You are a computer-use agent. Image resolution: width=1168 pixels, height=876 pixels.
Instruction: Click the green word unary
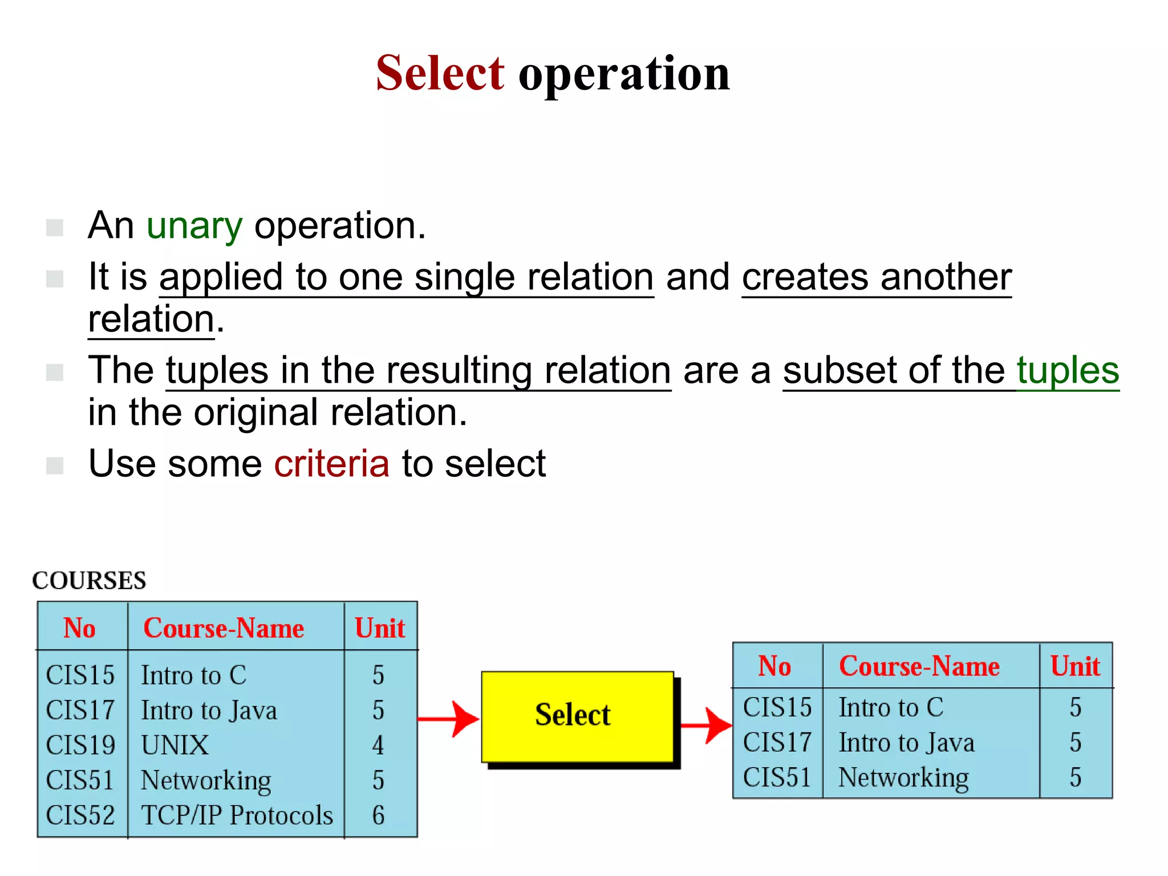coord(194,226)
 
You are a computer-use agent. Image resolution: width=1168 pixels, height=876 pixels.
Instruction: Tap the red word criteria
coord(331,463)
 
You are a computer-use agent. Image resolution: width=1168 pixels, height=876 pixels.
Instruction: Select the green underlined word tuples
coord(1068,371)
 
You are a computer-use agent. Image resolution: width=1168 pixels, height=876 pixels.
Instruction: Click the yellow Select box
coord(577,716)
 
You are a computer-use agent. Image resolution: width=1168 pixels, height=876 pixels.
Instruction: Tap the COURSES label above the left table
coord(90,581)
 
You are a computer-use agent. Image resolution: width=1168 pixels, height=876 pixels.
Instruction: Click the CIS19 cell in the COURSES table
coord(80,745)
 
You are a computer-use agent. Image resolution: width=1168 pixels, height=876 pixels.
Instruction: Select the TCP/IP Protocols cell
coord(237,816)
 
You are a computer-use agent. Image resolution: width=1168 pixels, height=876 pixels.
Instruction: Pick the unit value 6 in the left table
coord(378,816)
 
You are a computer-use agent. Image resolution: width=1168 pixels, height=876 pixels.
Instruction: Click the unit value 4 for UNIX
coord(378,745)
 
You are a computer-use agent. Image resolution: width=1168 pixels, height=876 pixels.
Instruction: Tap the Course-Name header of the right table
coord(919,666)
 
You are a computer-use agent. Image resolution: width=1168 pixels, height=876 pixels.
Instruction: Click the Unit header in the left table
coord(379,628)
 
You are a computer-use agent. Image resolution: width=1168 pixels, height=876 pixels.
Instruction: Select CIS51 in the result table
coord(777,777)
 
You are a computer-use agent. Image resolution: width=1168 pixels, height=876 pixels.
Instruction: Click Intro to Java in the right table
coord(906,743)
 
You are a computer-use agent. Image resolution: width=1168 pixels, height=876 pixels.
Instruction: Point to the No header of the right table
coord(774,666)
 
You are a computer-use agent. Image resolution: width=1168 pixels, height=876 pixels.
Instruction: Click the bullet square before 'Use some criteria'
coord(55,465)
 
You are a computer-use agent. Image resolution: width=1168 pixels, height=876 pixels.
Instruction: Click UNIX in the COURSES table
coord(175,745)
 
